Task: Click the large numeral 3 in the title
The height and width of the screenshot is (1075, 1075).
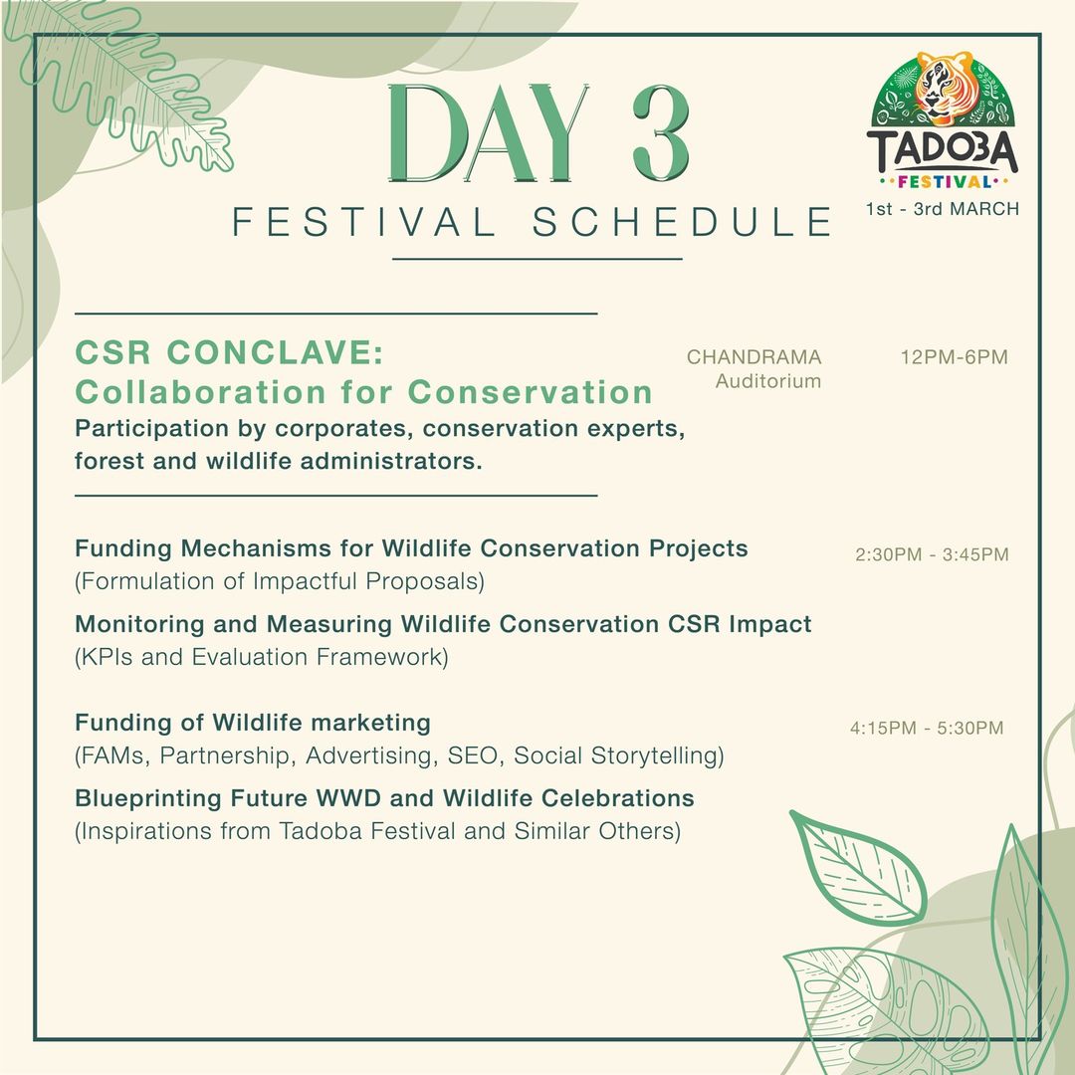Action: pos(661,133)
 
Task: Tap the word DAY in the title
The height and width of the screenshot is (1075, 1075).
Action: pos(488,133)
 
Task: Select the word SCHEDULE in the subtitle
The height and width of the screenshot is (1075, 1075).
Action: pos(682,221)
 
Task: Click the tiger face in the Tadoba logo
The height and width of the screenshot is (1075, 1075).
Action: pos(944,88)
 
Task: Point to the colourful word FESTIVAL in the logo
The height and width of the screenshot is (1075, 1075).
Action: pos(944,182)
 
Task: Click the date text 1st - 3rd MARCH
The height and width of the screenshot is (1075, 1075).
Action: pos(942,209)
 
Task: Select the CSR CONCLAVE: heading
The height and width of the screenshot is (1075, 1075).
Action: pos(229,352)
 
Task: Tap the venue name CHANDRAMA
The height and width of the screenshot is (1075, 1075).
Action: pos(753,357)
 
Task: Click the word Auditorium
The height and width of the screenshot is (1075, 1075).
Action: pos(767,381)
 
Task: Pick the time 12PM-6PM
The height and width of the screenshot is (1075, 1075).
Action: pos(954,357)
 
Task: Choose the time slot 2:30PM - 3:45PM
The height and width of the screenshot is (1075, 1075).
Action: pos(932,554)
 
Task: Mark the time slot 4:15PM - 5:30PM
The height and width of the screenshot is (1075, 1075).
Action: pos(927,728)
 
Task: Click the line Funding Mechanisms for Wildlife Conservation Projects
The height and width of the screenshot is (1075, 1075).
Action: pos(411,548)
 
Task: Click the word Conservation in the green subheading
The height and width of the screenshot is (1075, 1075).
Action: pos(530,392)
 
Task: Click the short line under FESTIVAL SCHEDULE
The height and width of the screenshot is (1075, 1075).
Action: pos(537,259)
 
